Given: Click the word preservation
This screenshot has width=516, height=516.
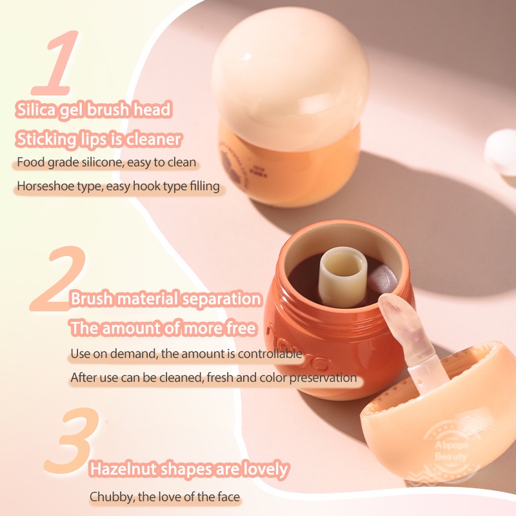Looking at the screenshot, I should click(x=318, y=378).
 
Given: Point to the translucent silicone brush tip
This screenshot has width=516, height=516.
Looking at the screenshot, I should click(x=395, y=322).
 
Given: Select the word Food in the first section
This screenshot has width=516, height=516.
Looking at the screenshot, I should click(x=30, y=163).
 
